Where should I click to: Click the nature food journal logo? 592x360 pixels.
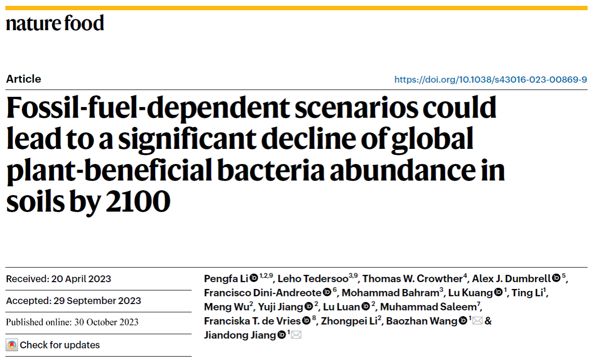(x=55, y=23)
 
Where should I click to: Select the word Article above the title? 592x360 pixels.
(x=23, y=79)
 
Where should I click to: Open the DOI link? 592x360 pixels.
(x=490, y=79)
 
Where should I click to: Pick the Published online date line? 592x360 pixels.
(x=72, y=322)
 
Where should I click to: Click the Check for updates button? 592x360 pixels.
(x=59, y=345)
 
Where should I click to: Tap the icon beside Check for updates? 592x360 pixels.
(x=12, y=345)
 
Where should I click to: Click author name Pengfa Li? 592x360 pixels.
(x=226, y=279)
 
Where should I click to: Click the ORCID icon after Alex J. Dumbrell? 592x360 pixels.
(x=556, y=278)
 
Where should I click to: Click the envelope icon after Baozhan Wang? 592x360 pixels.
(x=477, y=321)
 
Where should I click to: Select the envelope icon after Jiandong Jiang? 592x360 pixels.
(x=296, y=335)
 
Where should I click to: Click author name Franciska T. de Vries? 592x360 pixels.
(x=252, y=321)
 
